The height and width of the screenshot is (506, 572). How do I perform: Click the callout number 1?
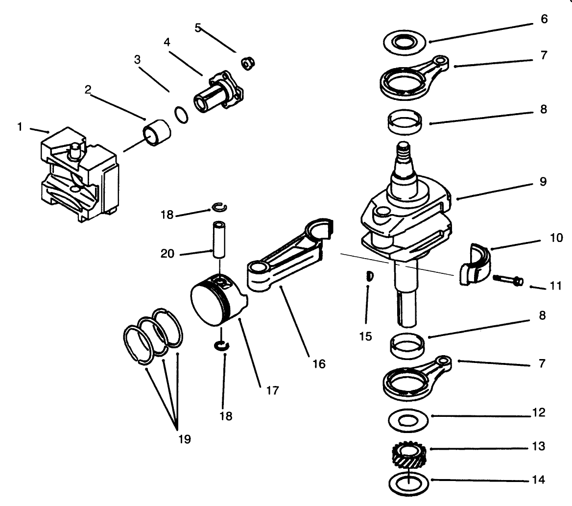(20, 127)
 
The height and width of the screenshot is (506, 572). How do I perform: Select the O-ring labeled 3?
(181, 115)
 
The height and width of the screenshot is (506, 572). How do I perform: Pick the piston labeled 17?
(213, 304)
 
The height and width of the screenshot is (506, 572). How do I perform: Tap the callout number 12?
(539, 413)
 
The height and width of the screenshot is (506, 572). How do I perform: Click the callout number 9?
(543, 182)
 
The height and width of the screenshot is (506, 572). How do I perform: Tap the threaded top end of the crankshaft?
(404, 151)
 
